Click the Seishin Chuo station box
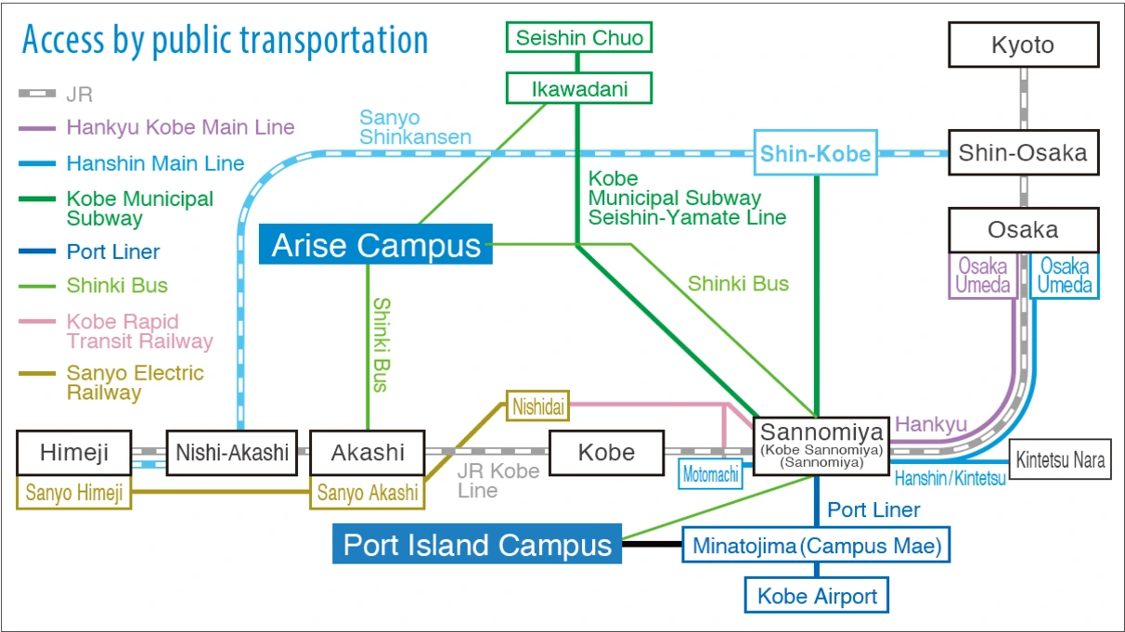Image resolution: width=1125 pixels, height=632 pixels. [579, 38]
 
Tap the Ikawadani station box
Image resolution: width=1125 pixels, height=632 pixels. [579, 89]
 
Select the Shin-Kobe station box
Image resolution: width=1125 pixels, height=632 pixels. [815, 153]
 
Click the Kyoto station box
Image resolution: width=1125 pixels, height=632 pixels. [1023, 45]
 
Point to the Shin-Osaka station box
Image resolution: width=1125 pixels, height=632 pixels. [1023, 152]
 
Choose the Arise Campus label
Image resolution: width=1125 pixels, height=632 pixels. [376, 245]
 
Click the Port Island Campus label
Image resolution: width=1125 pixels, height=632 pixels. [477, 545]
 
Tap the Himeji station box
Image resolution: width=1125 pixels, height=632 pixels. [74, 453]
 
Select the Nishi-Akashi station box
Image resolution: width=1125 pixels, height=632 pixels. [231, 453]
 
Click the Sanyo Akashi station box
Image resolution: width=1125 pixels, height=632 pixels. [368, 493]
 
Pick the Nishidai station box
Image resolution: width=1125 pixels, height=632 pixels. [537, 405]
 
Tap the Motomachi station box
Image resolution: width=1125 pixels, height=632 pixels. [711, 474]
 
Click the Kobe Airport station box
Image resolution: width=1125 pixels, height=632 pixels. [817, 596]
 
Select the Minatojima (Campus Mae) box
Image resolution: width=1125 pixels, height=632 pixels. [817, 546]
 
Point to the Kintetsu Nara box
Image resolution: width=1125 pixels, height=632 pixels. [1060, 459]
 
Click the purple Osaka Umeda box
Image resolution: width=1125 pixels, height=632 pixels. [982, 276]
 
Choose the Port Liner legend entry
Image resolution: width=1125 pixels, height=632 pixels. [112, 252]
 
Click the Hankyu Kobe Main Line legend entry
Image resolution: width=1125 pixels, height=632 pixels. [180, 128]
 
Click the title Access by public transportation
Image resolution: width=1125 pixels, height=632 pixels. [225, 41]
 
